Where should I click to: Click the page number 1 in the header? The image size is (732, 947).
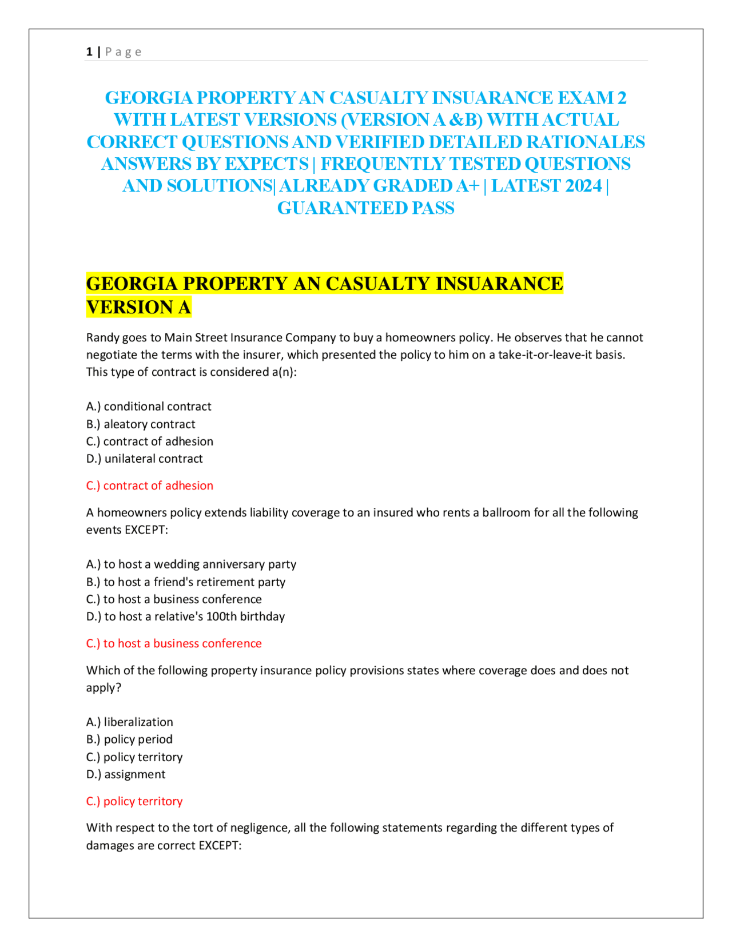click(89, 52)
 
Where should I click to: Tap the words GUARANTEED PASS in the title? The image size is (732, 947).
click(366, 208)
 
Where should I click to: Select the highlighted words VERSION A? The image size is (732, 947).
click(138, 307)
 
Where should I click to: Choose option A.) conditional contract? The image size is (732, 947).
click(149, 407)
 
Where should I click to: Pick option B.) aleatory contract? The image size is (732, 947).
click(141, 424)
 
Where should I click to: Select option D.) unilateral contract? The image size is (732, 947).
click(145, 459)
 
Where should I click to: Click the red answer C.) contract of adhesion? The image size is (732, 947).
click(150, 486)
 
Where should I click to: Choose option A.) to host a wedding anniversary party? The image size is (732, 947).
click(191, 564)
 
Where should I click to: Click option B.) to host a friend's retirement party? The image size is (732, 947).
click(186, 582)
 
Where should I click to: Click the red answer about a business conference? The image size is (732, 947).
click(174, 643)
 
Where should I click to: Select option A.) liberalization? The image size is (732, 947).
click(130, 722)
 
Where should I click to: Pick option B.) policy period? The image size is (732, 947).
click(129, 739)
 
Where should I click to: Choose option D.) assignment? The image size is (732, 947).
click(126, 774)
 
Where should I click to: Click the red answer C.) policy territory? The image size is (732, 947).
click(134, 801)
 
